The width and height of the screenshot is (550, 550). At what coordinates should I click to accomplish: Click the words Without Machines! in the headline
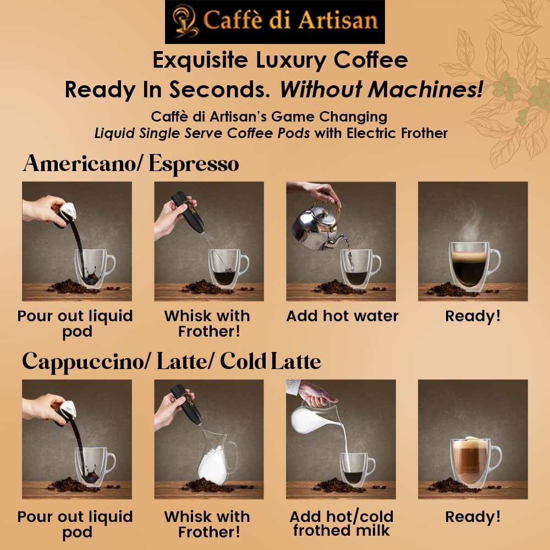click(382, 89)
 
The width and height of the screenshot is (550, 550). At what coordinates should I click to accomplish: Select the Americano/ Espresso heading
click(131, 163)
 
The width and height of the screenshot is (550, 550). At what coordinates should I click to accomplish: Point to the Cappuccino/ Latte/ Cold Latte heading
click(172, 361)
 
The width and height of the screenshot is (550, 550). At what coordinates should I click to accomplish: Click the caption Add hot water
click(342, 316)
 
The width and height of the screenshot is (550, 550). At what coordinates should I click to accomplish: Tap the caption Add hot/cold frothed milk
click(342, 523)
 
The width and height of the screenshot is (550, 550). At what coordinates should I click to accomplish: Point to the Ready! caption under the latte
click(473, 516)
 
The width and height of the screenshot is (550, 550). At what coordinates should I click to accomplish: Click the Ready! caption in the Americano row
click(473, 316)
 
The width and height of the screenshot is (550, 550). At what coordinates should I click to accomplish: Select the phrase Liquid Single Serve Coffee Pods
click(202, 133)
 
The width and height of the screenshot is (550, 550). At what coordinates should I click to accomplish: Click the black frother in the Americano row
click(188, 212)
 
